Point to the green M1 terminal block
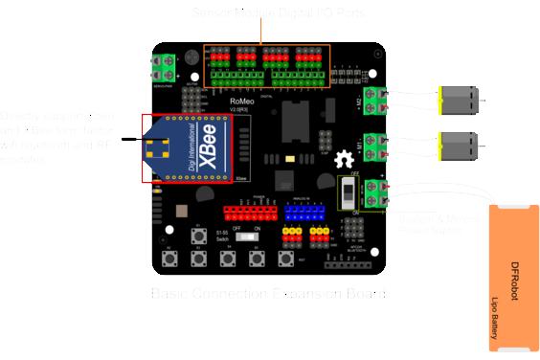pyautogui.click(x=387, y=146)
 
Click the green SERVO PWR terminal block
pyautogui.click(x=166, y=67)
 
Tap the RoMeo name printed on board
pyautogui.click(x=244, y=99)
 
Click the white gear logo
pyautogui.click(x=343, y=163)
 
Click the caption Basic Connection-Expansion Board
pyautogui.click(x=270, y=292)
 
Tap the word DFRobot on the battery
pyautogui.click(x=514, y=281)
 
